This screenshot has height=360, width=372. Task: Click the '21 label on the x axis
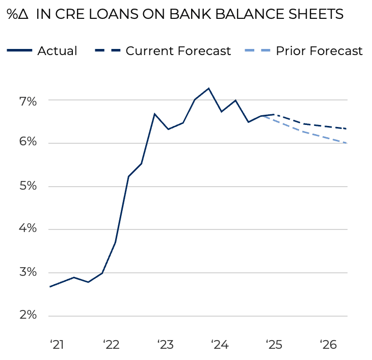pos(57,345)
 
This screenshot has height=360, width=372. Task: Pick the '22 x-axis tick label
pos(111,345)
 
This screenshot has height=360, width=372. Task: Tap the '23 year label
pos(166,345)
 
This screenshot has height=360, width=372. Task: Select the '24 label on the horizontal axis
pos(220,345)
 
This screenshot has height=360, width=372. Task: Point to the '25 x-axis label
pos(274,345)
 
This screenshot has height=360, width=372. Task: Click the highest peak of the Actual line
pos(208,88)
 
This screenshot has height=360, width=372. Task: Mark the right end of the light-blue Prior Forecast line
pos(347,143)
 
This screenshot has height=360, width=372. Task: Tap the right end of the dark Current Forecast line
pos(347,128)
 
